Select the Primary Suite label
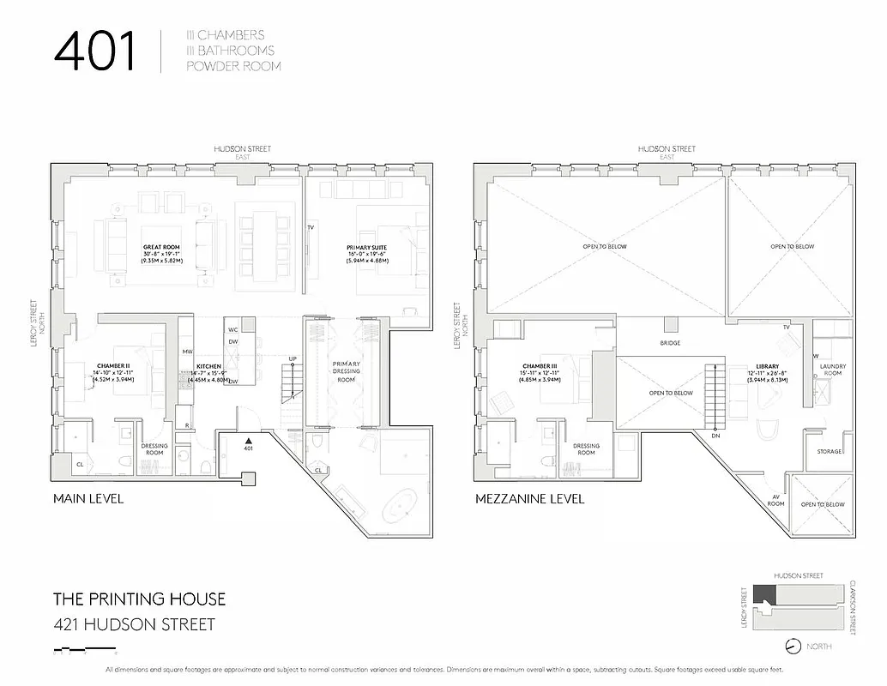coord(366,247)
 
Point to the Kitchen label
coord(208,366)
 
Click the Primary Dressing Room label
coord(346,371)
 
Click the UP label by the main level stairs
coord(293,358)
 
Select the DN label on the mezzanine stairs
coord(716,436)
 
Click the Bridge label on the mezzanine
coord(670,343)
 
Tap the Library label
coord(767,366)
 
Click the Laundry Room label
coord(832,371)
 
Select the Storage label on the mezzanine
coord(829,451)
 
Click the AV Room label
coord(775,501)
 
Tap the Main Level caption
coord(88,498)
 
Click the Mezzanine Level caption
coord(529,498)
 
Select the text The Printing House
coord(140,599)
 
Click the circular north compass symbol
coord(792,646)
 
